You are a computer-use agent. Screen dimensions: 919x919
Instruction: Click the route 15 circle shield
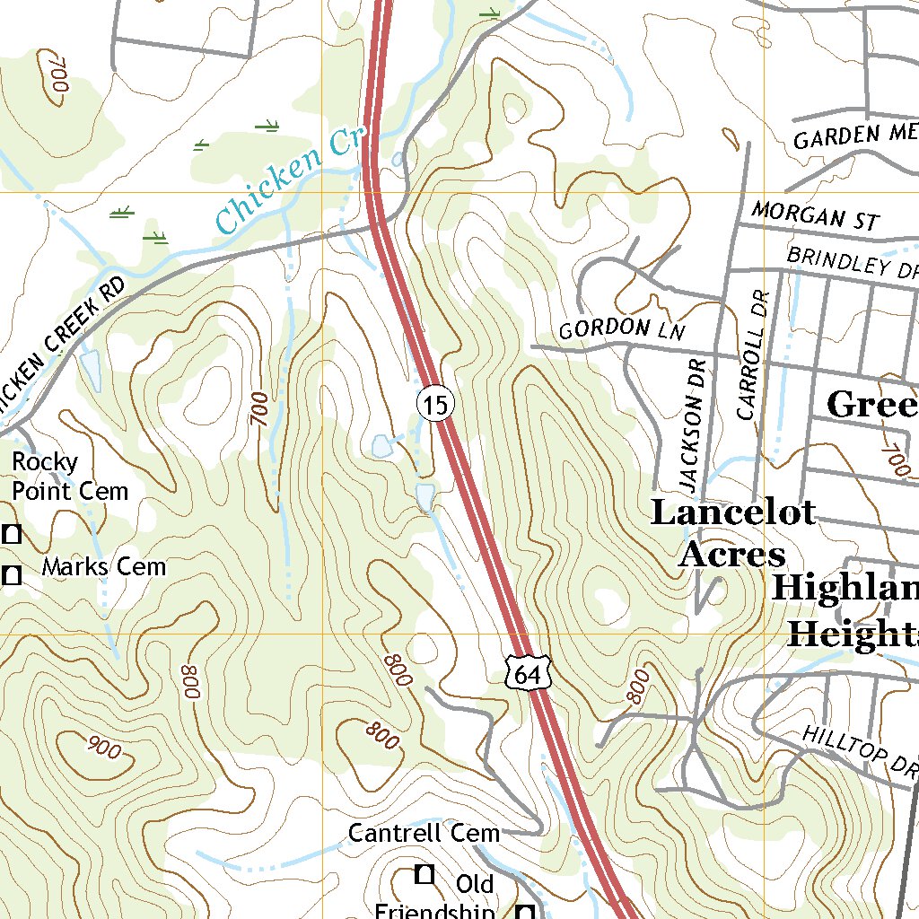pyautogui.click(x=435, y=405)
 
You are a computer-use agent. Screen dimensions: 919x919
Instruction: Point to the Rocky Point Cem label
pyautogui.click(x=69, y=477)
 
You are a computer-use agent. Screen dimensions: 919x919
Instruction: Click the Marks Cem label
pyautogui.click(x=103, y=567)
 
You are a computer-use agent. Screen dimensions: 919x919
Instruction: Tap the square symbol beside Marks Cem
pyautogui.click(x=12, y=575)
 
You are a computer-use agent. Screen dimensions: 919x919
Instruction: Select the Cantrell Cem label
pyautogui.click(x=423, y=833)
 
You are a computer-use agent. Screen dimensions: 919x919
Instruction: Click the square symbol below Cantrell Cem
pyautogui.click(x=424, y=872)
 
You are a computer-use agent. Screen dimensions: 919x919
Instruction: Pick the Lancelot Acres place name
pyautogui.click(x=732, y=534)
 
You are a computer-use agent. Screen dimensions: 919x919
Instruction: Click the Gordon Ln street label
pyautogui.click(x=622, y=329)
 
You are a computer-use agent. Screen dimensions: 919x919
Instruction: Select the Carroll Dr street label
pyautogui.click(x=753, y=354)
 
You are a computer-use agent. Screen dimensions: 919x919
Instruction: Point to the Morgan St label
pyautogui.click(x=815, y=215)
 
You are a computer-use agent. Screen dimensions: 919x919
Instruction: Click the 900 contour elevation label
pyautogui.click(x=104, y=747)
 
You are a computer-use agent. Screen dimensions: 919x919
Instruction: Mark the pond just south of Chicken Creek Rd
pyautogui.click(x=91, y=369)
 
